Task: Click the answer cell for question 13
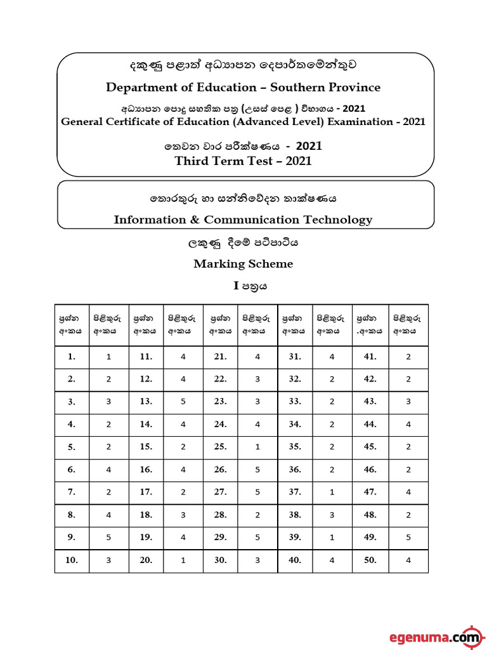pos(183,401)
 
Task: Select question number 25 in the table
pos(220,447)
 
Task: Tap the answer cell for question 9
pos(109,537)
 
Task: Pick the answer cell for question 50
pos(408,560)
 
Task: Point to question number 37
pos(295,492)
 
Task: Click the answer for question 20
pos(183,560)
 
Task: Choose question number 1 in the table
pos(72,357)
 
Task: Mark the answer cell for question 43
pos(408,401)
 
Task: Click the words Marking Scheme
pos(243,264)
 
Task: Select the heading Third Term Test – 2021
pos(243,161)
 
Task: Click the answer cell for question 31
pos(332,357)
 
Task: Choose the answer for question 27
pos(258,492)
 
